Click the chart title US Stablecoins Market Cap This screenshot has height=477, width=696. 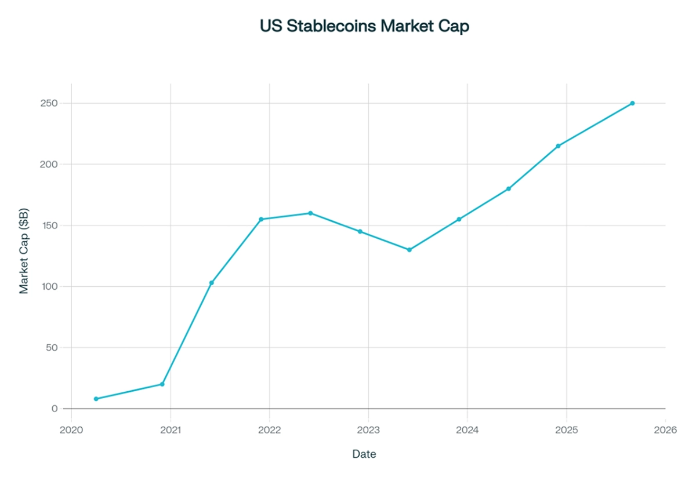tap(364, 27)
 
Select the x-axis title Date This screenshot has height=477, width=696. tap(364, 454)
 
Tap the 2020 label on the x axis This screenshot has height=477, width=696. tap(71, 430)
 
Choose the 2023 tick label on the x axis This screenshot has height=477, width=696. tap(368, 430)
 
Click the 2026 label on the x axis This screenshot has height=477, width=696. tap(665, 430)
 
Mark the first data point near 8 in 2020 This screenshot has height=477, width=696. tap(96, 399)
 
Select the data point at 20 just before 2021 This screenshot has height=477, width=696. tap(162, 384)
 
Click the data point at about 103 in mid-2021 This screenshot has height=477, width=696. tap(212, 283)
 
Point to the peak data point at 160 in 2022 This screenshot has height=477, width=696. tap(310, 213)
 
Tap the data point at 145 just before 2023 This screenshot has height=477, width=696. tap(360, 232)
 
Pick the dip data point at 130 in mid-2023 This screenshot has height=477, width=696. tap(409, 250)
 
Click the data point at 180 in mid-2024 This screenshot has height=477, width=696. tap(509, 189)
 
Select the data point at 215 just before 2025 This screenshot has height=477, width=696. tap(558, 146)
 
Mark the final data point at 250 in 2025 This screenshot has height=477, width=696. tap(632, 103)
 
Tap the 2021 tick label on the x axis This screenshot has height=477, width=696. tap(171, 430)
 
